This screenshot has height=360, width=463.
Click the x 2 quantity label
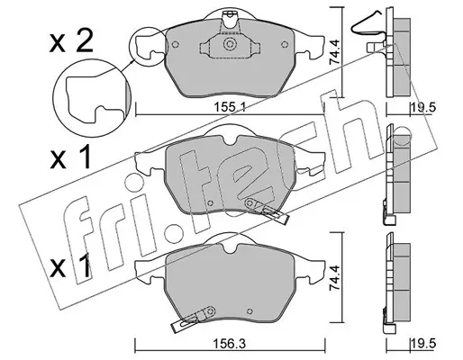point(71,42)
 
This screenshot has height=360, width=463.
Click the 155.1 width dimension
point(230,107)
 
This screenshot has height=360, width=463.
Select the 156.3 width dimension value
point(231,344)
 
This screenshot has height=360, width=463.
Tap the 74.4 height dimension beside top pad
point(335,52)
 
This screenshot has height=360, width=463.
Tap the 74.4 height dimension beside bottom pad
point(335,278)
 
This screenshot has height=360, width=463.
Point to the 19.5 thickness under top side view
point(423,107)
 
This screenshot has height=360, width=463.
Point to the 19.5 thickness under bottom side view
point(423,344)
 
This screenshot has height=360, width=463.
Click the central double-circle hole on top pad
point(230,44)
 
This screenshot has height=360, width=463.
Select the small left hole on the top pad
point(176,44)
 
